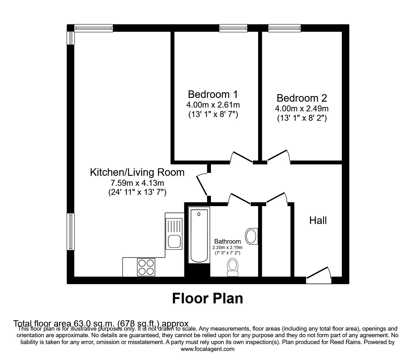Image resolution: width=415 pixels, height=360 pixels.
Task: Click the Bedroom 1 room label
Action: tap(213, 94)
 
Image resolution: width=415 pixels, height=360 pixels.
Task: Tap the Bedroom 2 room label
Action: tap(302, 98)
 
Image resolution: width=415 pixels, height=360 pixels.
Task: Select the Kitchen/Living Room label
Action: tap(137, 172)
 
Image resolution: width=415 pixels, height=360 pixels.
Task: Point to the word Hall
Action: tap(318, 221)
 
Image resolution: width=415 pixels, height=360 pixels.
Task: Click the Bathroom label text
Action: tap(227, 241)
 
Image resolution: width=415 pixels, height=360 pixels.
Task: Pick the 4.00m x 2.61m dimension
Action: tap(213, 105)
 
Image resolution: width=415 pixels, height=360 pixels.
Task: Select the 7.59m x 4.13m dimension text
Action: tap(137, 183)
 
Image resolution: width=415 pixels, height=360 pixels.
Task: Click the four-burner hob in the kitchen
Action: tap(146, 267)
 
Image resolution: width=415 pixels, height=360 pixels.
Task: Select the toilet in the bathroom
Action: tap(232, 267)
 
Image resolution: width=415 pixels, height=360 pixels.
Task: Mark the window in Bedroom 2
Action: tap(284, 28)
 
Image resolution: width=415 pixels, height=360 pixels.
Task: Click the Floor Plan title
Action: tap(207, 298)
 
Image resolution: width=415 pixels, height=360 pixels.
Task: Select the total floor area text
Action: tap(101, 323)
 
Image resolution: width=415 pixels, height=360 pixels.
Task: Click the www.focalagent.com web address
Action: tap(207, 349)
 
